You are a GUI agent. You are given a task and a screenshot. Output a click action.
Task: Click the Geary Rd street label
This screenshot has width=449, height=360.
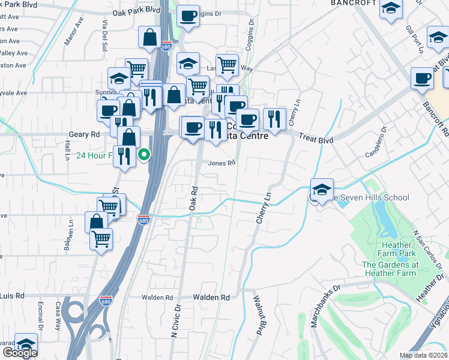tap(88, 134)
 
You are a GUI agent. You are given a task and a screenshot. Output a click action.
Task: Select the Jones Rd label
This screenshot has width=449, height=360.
tap(221, 163)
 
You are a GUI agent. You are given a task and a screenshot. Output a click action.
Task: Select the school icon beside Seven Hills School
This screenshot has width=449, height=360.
tap(322, 190)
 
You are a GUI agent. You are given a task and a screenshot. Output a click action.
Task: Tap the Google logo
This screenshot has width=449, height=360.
tap(20, 353)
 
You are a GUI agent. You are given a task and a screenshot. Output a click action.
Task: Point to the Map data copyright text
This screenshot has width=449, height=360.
tap(423, 355)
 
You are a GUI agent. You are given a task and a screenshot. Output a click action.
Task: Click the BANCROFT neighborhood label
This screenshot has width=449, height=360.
tap(353, 3)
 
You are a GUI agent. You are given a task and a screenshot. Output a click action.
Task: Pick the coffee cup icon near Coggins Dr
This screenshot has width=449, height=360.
tap(188, 16)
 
